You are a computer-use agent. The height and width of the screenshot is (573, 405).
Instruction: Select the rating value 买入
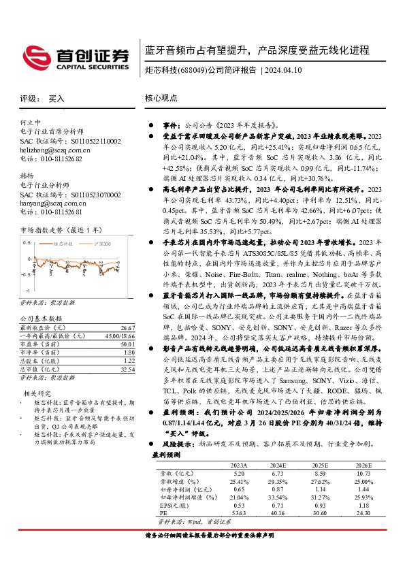point(56,99)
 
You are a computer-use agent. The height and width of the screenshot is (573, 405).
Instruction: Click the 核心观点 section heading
point(161,99)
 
